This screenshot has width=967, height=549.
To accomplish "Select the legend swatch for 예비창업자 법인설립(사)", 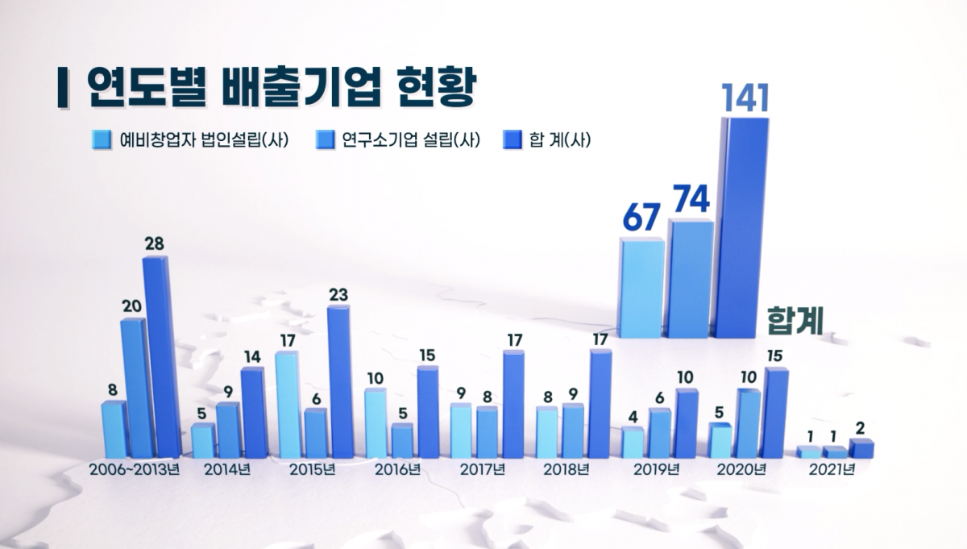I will tap(101, 139).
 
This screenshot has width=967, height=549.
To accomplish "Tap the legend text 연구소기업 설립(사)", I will tap(410, 139).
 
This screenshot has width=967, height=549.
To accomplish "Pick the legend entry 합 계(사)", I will tap(559, 139).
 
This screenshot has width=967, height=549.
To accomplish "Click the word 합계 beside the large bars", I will tap(795, 320).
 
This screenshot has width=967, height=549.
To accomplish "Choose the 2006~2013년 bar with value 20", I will tap(133, 388).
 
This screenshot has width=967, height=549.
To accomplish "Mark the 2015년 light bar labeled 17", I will tap(286, 404).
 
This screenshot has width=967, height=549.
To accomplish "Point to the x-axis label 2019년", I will tap(657, 469).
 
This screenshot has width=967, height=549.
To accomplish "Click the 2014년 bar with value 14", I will tap(252, 412).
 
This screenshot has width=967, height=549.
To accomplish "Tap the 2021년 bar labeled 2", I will tap(861, 448).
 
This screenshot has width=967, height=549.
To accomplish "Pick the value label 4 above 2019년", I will tap(633, 418).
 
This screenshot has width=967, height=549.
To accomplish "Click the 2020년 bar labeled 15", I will tap(775, 412).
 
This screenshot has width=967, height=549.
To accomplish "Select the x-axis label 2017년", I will tap(482, 469).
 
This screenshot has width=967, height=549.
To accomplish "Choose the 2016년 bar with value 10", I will tap(375, 423).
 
